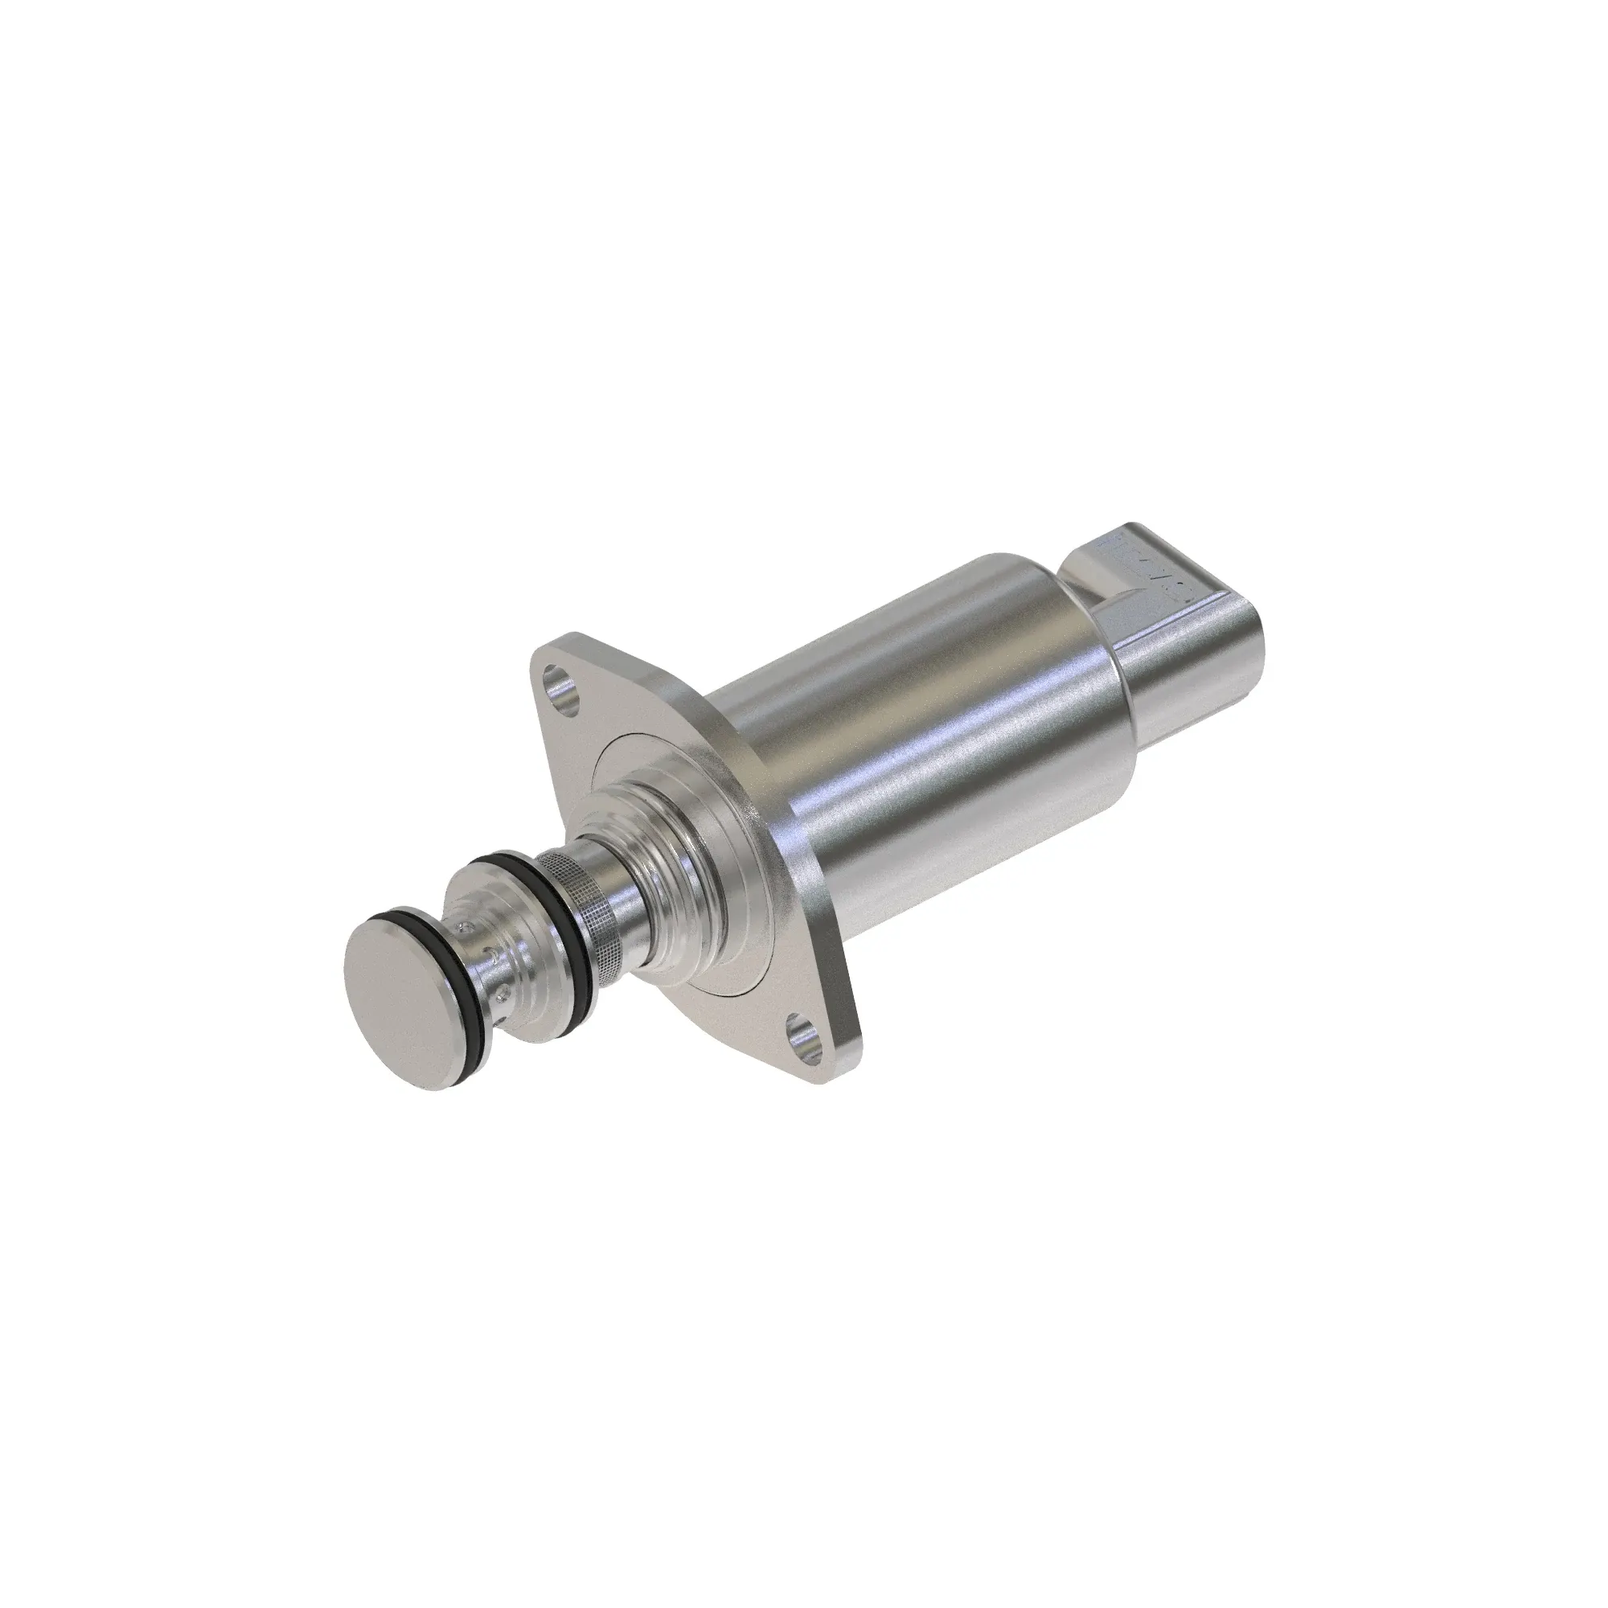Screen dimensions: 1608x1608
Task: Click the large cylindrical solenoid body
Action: pos(924,732)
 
